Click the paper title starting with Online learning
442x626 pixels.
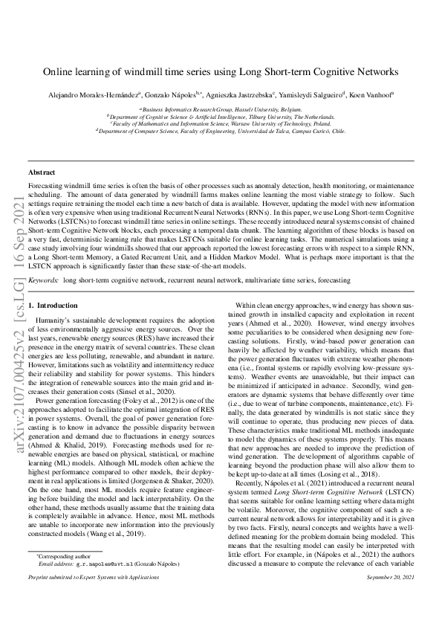click(x=221, y=72)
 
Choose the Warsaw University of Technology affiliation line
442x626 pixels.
click(x=221, y=123)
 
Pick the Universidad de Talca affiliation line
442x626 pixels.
click(x=221, y=130)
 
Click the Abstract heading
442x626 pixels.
click(x=41, y=172)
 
